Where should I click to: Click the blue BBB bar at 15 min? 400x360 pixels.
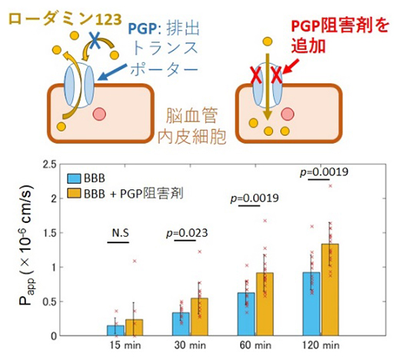115,330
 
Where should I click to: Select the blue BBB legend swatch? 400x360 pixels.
74,177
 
